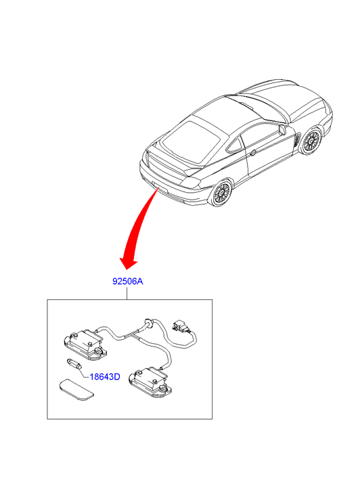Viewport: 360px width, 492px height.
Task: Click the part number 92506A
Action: (x=128, y=281)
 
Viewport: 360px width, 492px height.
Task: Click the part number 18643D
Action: (x=105, y=376)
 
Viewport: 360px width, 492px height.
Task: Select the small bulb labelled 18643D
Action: (x=74, y=365)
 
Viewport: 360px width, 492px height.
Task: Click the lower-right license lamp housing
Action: (x=150, y=383)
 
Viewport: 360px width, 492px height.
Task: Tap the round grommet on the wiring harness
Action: (x=148, y=323)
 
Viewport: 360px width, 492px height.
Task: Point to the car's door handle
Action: (x=252, y=153)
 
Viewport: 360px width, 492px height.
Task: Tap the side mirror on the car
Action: (x=282, y=129)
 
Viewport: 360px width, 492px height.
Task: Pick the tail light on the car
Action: (x=191, y=182)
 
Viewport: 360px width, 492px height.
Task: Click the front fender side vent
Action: (x=296, y=140)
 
